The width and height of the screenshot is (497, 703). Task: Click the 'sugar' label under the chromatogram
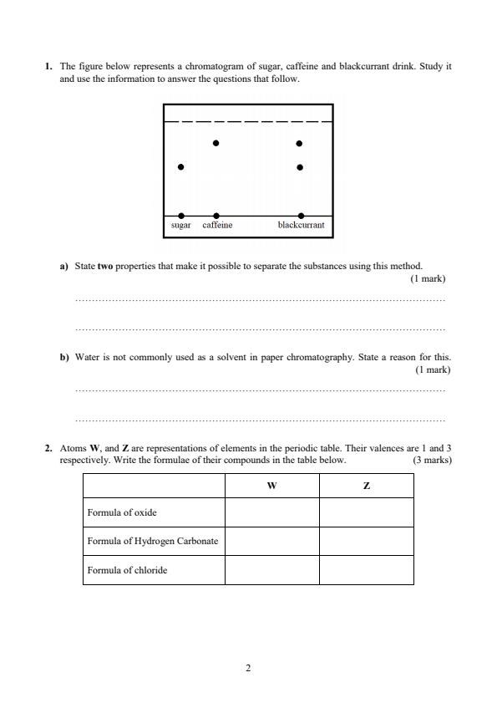181,226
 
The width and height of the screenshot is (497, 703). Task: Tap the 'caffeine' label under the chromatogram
217,226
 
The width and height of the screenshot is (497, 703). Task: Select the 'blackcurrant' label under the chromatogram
301,226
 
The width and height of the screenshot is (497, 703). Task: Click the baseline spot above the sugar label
181,216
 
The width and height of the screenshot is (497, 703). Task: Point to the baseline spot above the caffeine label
217,216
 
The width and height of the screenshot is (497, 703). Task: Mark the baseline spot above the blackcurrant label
301,216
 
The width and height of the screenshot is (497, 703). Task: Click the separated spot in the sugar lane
180,167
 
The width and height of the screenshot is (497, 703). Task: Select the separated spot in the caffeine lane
216,143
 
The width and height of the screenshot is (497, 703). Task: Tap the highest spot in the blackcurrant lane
300,143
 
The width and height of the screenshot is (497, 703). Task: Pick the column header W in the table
271,486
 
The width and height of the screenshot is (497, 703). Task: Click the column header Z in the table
366,486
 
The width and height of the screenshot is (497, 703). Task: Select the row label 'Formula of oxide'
122,512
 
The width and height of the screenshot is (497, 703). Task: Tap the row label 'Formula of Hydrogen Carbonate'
153,541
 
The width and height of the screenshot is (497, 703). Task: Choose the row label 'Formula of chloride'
127,570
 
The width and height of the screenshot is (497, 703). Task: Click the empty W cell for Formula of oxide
271,512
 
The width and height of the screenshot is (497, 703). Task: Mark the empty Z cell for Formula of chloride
366,570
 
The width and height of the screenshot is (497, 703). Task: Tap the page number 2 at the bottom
248,668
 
